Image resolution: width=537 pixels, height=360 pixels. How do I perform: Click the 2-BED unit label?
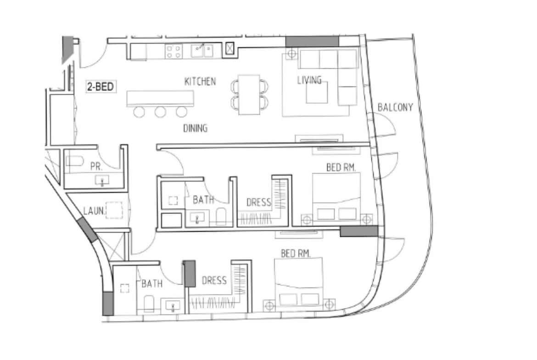100,86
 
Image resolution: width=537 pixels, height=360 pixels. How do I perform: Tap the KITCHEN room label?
200,82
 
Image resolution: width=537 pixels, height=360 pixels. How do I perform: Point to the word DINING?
195,128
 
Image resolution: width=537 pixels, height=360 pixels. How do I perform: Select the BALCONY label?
395,108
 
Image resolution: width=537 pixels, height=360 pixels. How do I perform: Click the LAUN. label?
94,211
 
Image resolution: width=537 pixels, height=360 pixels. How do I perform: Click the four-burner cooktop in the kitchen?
173,51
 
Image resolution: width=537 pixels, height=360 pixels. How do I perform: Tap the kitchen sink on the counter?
201,50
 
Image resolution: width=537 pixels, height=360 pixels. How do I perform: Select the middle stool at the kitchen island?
160,111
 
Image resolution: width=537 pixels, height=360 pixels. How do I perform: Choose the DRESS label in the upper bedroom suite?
258,202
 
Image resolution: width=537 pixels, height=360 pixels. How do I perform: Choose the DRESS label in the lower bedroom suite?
214,280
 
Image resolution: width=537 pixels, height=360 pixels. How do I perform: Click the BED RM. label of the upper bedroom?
341,168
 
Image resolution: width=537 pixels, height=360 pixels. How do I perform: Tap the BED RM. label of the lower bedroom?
296,253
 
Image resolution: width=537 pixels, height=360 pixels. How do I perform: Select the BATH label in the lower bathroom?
151,284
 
